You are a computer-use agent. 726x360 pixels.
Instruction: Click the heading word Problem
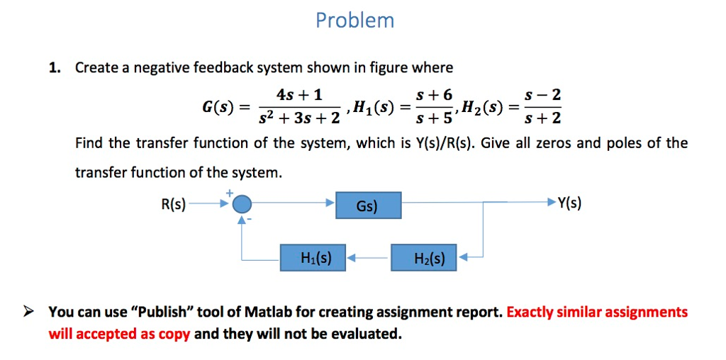tap(355, 20)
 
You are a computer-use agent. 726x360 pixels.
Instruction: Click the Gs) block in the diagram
tap(367, 206)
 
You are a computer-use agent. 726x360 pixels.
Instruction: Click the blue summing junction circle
tap(242, 205)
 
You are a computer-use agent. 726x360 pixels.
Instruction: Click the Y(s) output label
tap(569, 204)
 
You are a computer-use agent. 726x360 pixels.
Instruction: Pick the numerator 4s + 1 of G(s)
tap(299, 94)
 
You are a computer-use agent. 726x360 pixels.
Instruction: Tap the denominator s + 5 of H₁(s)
tap(432, 118)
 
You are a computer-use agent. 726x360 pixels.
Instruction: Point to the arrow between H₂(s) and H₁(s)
tap(368, 259)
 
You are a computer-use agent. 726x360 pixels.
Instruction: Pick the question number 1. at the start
tap(55, 68)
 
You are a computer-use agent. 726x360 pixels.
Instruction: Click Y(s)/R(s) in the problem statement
tap(445, 143)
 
